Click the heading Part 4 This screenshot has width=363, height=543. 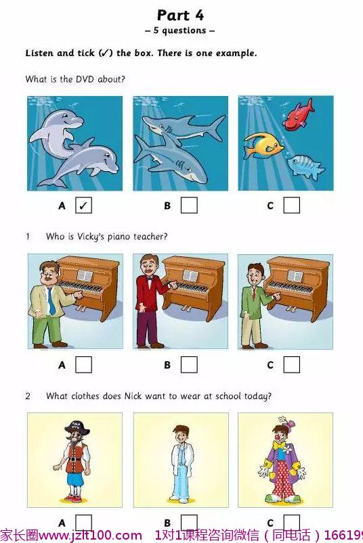pyautogui.click(x=180, y=16)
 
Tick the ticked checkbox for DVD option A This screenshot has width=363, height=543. pyautogui.click(x=83, y=206)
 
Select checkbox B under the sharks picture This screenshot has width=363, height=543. pyautogui.click(x=189, y=206)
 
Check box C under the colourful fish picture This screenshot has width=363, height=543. pyautogui.click(x=292, y=206)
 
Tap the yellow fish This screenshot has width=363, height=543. pyautogui.click(x=263, y=145)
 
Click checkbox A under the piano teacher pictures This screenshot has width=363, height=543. pyautogui.click(x=83, y=364)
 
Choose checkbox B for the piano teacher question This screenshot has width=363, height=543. pyautogui.click(x=189, y=364)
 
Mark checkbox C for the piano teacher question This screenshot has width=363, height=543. pyautogui.click(x=292, y=364)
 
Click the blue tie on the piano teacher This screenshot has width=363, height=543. pyautogui.click(x=51, y=302)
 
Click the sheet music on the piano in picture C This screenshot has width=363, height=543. pyautogui.click(x=295, y=276)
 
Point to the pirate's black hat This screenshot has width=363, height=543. pyautogui.click(x=77, y=427)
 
